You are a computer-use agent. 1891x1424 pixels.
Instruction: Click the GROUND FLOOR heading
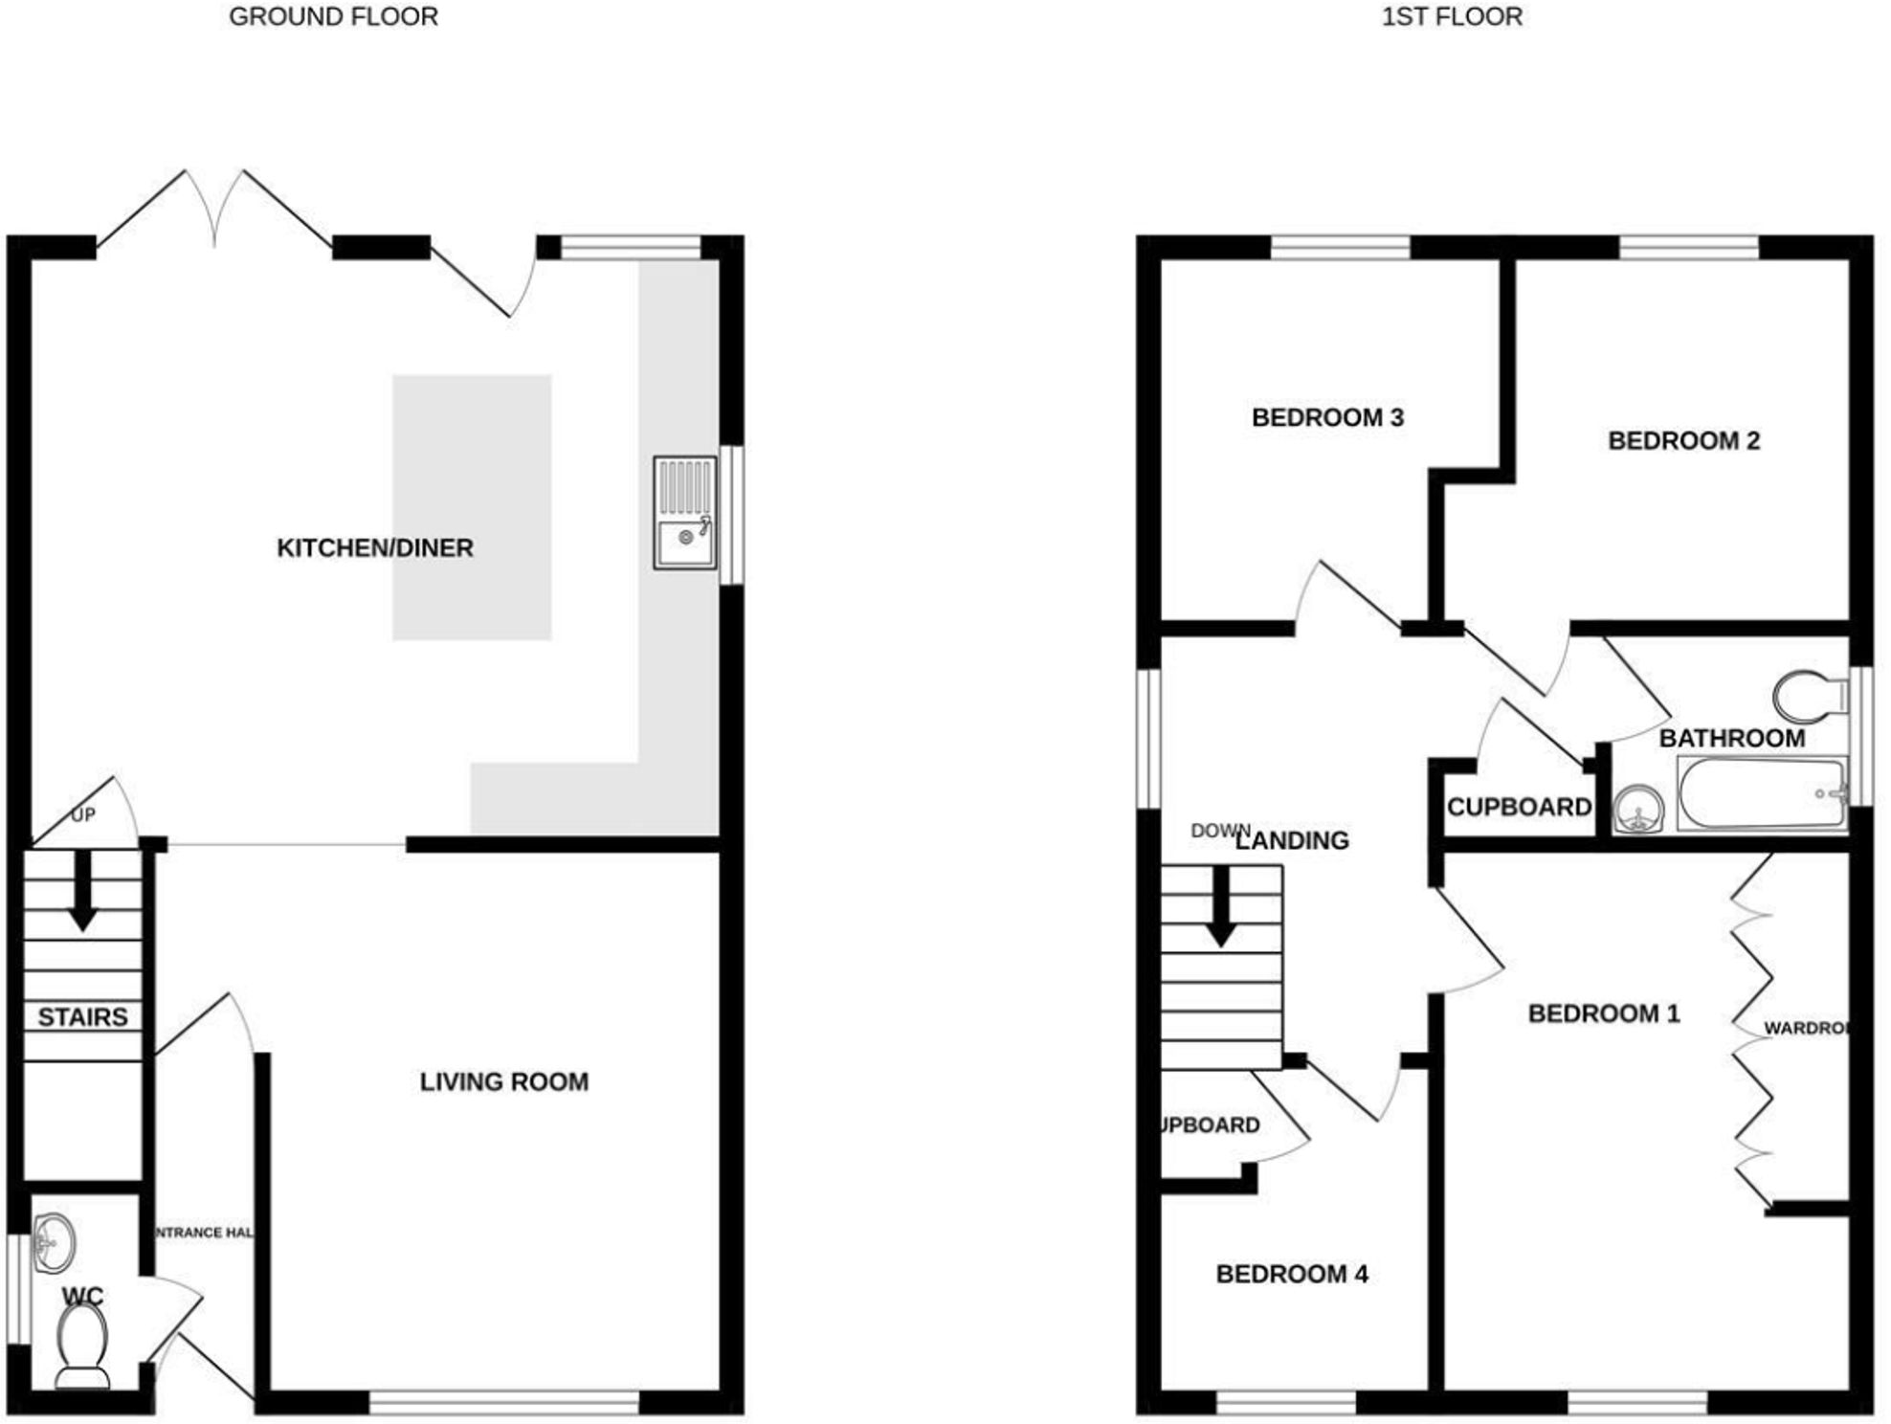click(x=333, y=17)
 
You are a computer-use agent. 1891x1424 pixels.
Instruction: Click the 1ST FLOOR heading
click(x=1451, y=17)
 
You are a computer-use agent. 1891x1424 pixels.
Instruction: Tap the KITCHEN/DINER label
click(x=375, y=548)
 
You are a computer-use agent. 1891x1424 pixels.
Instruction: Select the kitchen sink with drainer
click(x=685, y=513)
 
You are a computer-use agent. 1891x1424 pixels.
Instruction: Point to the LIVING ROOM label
click(x=504, y=1082)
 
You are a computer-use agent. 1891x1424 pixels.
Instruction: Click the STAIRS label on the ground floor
click(x=82, y=1017)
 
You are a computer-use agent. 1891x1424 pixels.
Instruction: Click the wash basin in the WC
click(x=54, y=1243)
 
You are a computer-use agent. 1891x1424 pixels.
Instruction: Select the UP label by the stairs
click(x=83, y=815)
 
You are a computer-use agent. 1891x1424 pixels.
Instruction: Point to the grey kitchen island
click(x=472, y=507)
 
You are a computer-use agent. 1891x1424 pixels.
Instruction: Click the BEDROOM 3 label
click(x=1327, y=418)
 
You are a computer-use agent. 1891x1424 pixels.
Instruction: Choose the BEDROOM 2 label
click(x=1683, y=441)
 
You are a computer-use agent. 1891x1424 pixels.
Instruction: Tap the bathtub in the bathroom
click(x=1762, y=793)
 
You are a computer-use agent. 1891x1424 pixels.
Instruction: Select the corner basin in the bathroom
click(x=1638, y=810)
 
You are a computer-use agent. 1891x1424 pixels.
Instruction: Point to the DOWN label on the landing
click(x=1220, y=831)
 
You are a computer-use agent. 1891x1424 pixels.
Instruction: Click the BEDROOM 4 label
click(x=1292, y=1275)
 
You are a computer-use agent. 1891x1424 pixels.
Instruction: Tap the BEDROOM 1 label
click(x=1604, y=1014)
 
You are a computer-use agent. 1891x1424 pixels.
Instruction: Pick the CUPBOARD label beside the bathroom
click(x=1519, y=808)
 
